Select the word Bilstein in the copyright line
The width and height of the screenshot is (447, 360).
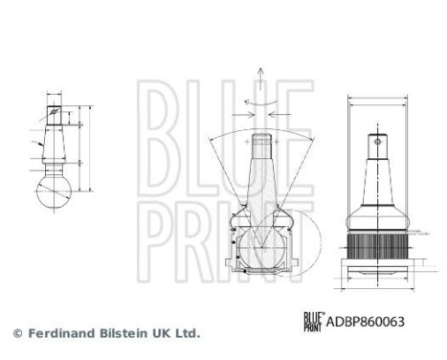(122, 333)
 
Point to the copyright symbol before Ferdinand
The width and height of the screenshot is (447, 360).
(16, 333)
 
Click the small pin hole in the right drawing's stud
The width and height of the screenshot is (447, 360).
(379, 146)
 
